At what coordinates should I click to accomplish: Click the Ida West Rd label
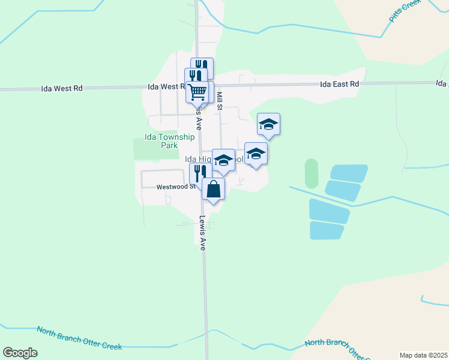click(x=62, y=88)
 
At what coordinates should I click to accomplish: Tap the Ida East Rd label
click(x=339, y=85)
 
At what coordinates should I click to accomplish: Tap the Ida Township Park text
click(x=170, y=141)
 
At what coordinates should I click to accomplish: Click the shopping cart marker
click(x=197, y=92)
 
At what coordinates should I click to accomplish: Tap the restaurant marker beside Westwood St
click(x=199, y=174)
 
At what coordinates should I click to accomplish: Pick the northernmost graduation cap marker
click(x=268, y=124)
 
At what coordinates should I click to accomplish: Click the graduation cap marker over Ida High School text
click(x=224, y=160)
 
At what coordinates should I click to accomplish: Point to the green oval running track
click(x=312, y=173)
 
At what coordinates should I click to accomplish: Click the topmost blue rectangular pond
click(x=348, y=173)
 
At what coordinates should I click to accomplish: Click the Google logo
click(x=20, y=353)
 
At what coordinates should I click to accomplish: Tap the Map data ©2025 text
click(x=423, y=355)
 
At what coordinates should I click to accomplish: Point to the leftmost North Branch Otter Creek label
click(x=79, y=338)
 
